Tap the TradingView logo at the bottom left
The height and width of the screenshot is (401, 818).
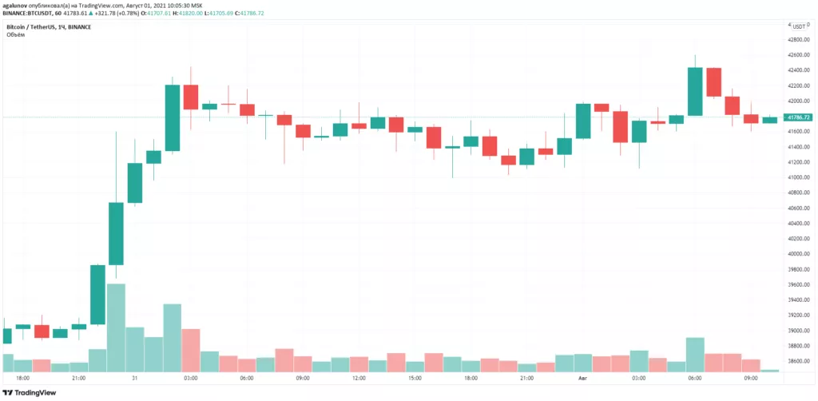click(30, 393)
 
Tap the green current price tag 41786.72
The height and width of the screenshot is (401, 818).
click(798, 117)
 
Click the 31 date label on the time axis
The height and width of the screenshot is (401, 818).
click(135, 378)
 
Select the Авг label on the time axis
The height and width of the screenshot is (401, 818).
click(582, 378)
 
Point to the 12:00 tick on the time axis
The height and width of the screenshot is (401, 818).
click(359, 378)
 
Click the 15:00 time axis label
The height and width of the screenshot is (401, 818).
click(415, 378)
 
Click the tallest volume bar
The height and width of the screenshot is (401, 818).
click(116, 328)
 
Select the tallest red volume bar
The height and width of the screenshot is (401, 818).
click(191, 350)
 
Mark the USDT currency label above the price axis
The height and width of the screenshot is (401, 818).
click(798, 26)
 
